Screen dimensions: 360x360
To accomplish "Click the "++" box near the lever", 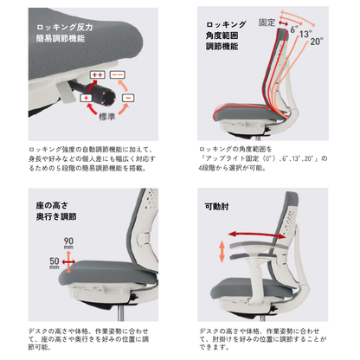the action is pos(97,75).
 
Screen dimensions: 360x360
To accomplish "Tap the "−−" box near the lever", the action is pos(118,75).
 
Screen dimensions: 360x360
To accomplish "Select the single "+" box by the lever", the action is pos(86,98).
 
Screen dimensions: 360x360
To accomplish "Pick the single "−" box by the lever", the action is pos(128,98).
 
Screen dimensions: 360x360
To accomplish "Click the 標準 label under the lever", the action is pos(107,117).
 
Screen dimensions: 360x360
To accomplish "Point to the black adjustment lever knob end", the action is pos(108,98).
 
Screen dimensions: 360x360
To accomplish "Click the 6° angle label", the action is pos(294,29).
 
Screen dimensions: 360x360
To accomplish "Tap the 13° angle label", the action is pos(305,35).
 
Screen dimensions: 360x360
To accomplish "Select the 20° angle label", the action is pos(317,42).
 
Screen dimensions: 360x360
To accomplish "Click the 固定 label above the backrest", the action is pos(267,22).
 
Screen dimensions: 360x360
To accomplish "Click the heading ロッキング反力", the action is pos(65,28).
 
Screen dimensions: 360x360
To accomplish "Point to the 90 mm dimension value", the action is pos(68,243).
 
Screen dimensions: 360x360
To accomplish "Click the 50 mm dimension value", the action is pos(55,263).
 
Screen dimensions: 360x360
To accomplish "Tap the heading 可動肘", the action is pos(217,207).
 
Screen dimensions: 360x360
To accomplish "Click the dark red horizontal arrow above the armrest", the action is pos(257,235).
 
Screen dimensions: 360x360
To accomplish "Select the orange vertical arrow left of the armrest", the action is pos(222,252).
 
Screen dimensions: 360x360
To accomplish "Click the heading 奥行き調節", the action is pos(56,217).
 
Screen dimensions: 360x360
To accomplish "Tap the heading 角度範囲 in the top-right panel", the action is pos(222,35).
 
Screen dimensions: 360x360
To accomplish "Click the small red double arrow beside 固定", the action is pos(283,23).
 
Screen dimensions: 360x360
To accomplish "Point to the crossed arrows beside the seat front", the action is pos(68,262).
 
